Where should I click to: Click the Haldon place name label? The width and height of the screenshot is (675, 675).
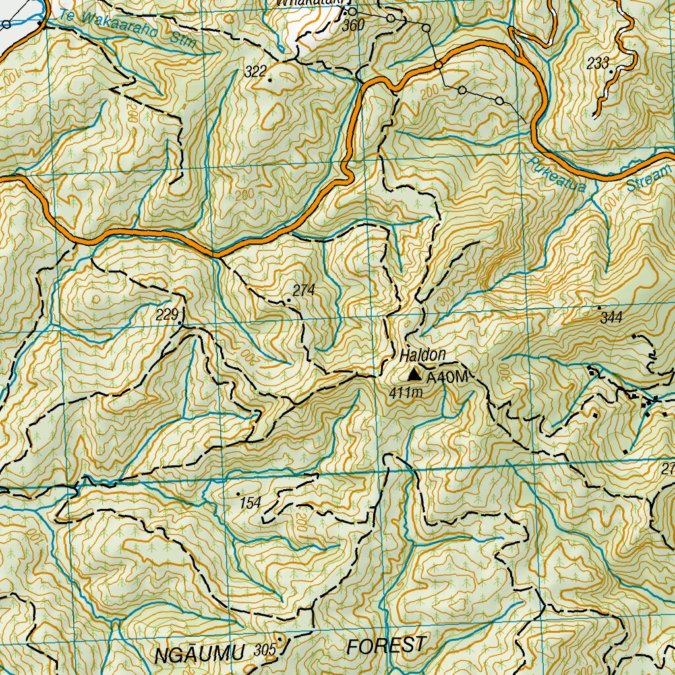click(x=423, y=355)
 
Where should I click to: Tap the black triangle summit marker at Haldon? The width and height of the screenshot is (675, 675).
click(x=414, y=375)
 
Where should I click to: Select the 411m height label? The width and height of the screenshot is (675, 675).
click(x=405, y=394)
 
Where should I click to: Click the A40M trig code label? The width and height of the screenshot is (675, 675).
click(x=447, y=378)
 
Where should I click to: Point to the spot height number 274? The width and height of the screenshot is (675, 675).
click(x=304, y=290)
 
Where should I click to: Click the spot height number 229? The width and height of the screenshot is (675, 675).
click(x=167, y=314)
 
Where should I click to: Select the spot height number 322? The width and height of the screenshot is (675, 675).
click(x=256, y=72)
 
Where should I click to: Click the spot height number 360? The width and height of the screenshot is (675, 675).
click(x=353, y=26)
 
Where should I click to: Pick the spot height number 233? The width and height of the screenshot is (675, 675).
click(x=597, y=64)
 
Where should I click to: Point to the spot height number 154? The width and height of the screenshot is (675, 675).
click(x=250, y=504)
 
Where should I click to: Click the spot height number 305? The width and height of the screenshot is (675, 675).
click(x=264, y=651)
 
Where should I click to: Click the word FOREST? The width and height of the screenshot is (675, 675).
click(x=387, y=646)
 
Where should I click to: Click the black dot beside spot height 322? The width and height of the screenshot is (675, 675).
click(x=270, y=79)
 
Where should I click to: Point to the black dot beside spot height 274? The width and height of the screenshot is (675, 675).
click(x=289, y=300)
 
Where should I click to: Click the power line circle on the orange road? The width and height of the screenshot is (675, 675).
click(x=438, y=65)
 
